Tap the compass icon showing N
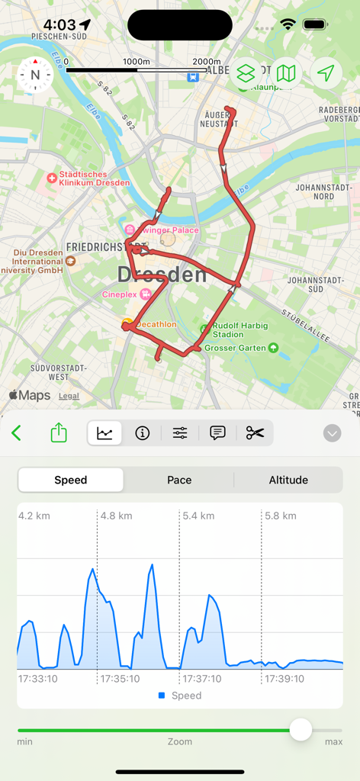click(x=34, y=75)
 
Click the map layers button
click(x=246, y=73)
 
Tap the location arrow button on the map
click(x=326, y=73)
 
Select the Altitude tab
click(x=288, y=480)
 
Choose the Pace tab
click(x=179, y=480)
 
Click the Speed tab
click(x=71, y=480)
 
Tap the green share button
click(x=59, y=433)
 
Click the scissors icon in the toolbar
click(x=255, y=433)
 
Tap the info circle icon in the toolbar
click(x=142, y=433)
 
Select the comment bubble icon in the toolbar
click(x=217, y=433)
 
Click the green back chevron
click(x=17, y=433)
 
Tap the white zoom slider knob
click(x=301, y=729)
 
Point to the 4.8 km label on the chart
click(x=116, y=516)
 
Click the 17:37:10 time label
click(x=202, y=678)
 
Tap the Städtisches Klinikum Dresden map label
click(x=88, y=178)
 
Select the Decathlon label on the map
click(x=156, y=324)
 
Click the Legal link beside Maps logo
click(x=69, y=396)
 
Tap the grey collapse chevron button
click(x=332, y=433)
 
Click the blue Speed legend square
click(x=162, y=696)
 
